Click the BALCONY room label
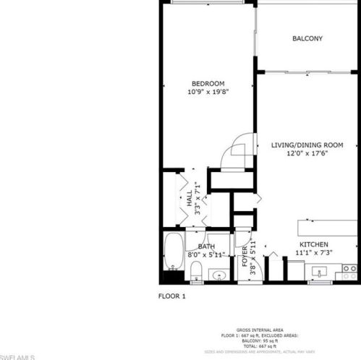click(307, 38)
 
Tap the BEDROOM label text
click(208, 83)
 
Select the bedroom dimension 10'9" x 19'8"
click(208, 92)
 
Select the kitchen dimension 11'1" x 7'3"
click(314, 254)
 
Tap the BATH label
click(207, 247)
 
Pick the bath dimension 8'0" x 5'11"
click(207, 254)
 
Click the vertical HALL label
click(190, 199)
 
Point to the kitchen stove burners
click(349, 273)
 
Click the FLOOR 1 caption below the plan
click(172, 296)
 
